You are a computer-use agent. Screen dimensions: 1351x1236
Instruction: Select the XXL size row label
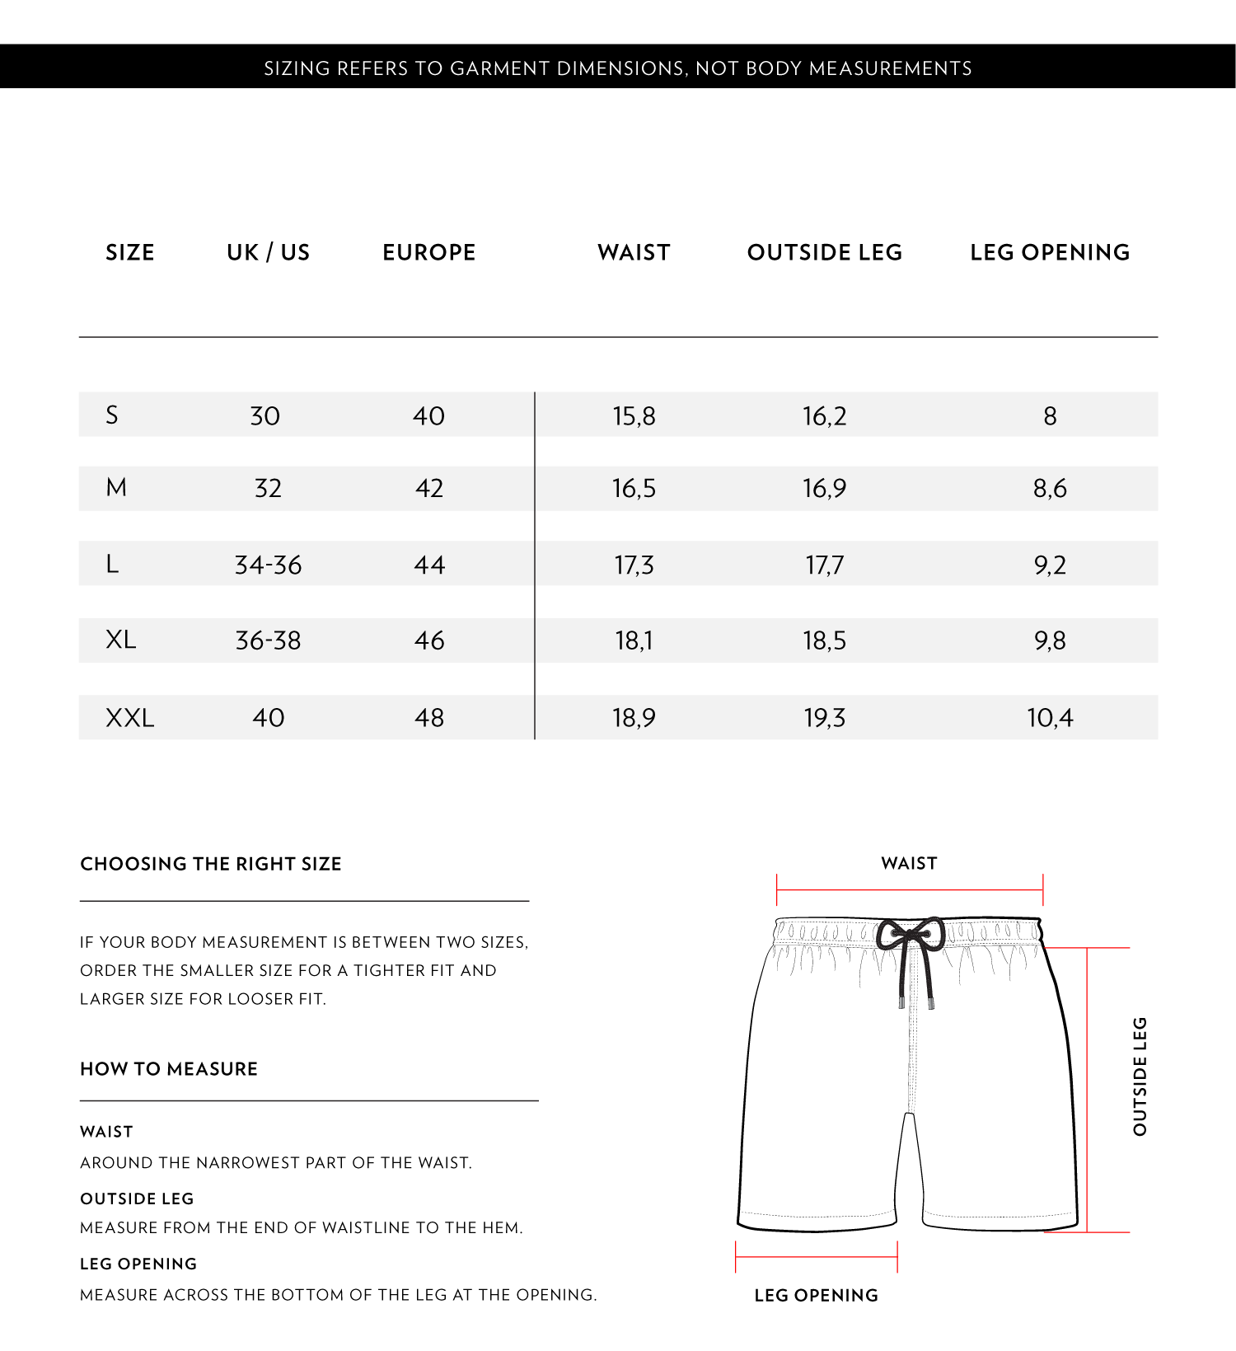click(129, 718)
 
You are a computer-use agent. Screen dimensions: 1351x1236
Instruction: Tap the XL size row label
click(120, 640)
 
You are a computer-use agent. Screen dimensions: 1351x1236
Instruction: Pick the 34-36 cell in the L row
click(268, 565)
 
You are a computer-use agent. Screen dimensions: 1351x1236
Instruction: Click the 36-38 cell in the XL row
click(268, 640)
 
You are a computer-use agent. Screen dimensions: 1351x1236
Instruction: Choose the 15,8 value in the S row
click(634, 415)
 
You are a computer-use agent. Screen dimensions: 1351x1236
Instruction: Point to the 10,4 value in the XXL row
click(1050, 718)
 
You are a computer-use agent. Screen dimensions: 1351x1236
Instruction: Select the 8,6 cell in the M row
click(1050, 488)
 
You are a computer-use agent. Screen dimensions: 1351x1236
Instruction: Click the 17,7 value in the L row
click(824, 565)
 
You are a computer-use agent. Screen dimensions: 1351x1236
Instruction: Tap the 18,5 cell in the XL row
click(824, 640)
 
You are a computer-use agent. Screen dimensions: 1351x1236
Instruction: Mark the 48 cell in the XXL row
click(428, 718)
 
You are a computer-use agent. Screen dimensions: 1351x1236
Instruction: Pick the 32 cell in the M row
click(268, 488)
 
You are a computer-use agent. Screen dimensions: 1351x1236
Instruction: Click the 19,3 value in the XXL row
click(824, 718)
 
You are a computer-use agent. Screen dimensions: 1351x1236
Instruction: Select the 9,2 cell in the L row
click(1050, 565)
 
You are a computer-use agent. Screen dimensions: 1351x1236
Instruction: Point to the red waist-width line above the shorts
click(910, 890)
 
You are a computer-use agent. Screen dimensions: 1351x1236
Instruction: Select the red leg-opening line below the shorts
click(816, 1257)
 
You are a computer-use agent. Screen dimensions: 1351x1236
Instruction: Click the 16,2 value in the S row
click(824, 415)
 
